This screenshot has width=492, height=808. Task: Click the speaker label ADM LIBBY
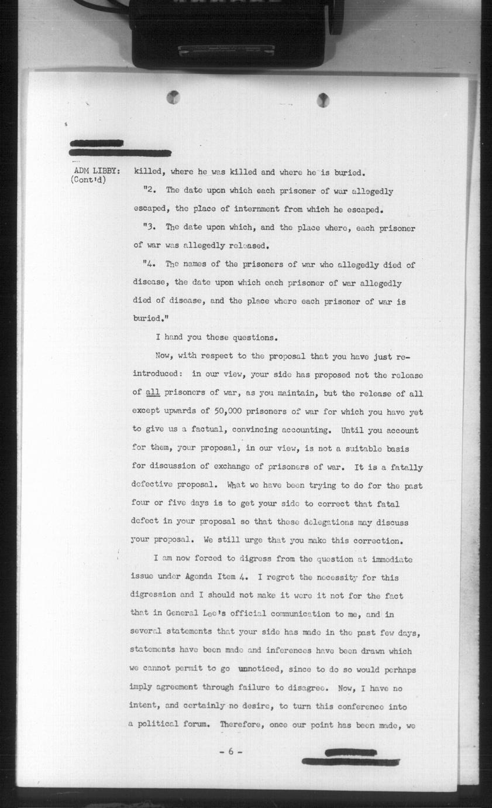pyautogui.click(x=97, y=171)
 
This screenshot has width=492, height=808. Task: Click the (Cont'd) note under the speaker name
pyautogui.click(x=89, y=180)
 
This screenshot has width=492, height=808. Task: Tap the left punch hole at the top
pyautogui.click(x=173, y=97)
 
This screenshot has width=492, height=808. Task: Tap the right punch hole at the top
pyautogui.click(x=323, y=100)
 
